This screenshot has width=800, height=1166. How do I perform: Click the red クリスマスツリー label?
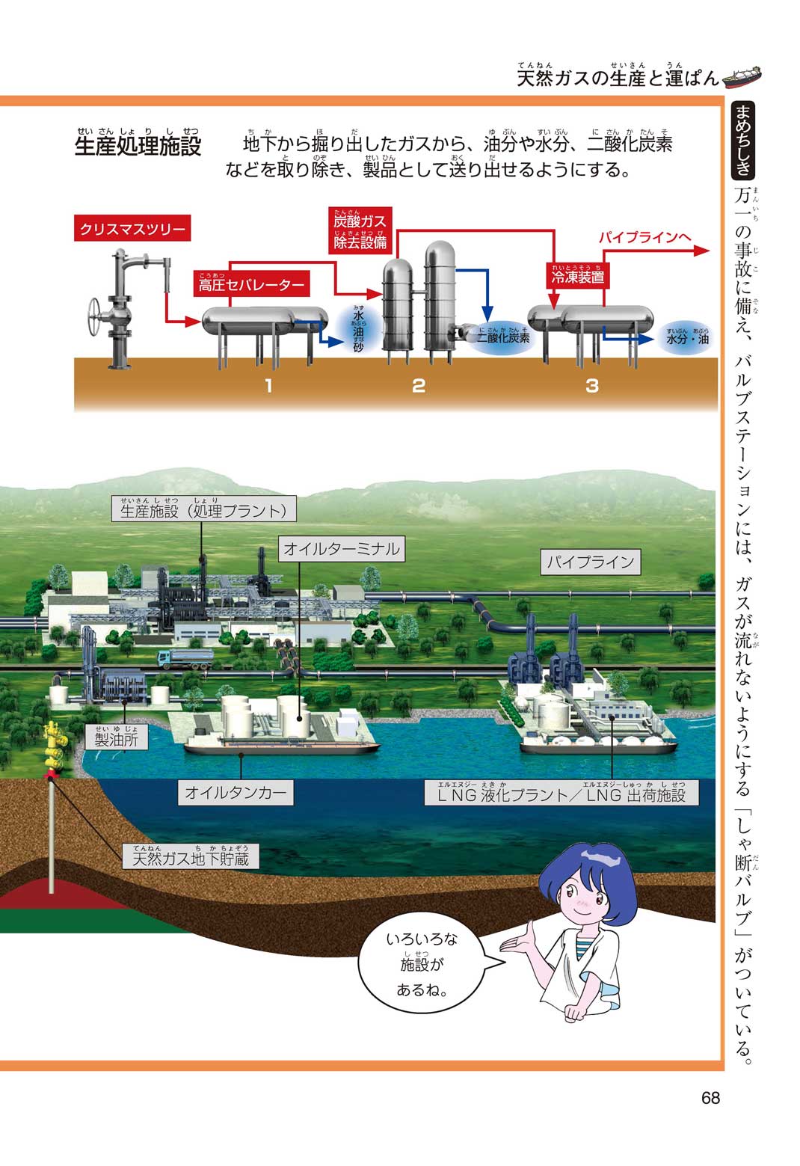click(x=132, y=229)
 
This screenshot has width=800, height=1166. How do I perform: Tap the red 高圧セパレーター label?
click(x=251, y=285)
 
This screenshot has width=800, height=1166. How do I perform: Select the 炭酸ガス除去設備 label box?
click(x=360, y=231)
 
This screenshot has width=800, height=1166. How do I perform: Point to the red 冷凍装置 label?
click(x=577, y=277)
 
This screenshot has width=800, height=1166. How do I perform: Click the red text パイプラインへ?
click(x=644, y=238)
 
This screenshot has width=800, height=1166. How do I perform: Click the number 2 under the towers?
click(x=419, y=385)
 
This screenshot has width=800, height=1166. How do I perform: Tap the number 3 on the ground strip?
click(x=592, y=385)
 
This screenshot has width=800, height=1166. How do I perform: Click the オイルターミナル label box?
click(x=342, y=549)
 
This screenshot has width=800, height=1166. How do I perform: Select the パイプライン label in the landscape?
click(x=591, y=562)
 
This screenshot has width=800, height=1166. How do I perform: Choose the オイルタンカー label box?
click(x=236, y=793)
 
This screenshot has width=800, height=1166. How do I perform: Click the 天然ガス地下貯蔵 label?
click(x=190, y=858)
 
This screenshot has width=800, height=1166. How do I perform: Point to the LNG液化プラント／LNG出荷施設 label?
click(x=561, y=794)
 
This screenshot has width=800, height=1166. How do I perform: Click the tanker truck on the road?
click(x=185, y=657)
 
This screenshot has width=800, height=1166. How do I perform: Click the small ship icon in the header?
click(x=742, y=75)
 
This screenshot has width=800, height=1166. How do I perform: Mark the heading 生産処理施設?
click(x=138, y=145)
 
